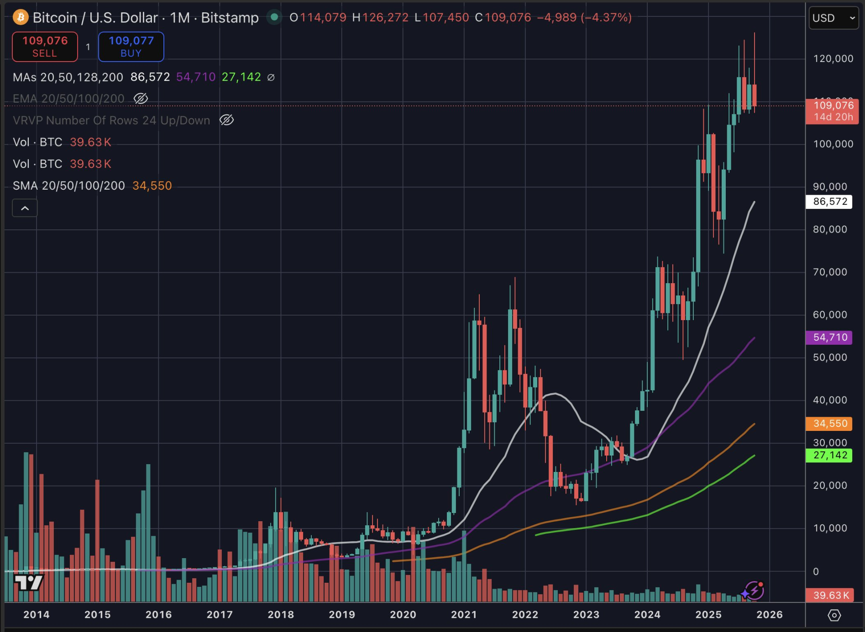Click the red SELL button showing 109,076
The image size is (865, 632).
[x=45, y=47]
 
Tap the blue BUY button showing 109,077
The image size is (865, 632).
[x=131, y=47]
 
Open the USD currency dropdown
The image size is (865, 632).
[x=833, y=18]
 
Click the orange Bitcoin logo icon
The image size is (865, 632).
[x=21, y=18]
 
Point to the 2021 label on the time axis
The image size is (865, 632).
[x=464, y=615]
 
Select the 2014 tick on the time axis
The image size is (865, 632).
[x=37, y=615]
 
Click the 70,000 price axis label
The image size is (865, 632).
[x=830, y=272]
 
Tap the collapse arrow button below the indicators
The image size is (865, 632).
[x=25, y=208]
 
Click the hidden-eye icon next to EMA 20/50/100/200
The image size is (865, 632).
[x=141, y=98]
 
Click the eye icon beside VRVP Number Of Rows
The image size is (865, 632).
[x=226, y=120]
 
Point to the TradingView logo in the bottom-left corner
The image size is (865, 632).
[x=28, y=582]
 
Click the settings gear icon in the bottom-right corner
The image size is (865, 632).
[x=834, y=615]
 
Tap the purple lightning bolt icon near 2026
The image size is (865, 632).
[x=754, y=591]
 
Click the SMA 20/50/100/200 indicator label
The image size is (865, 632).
[x=69, y=186]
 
